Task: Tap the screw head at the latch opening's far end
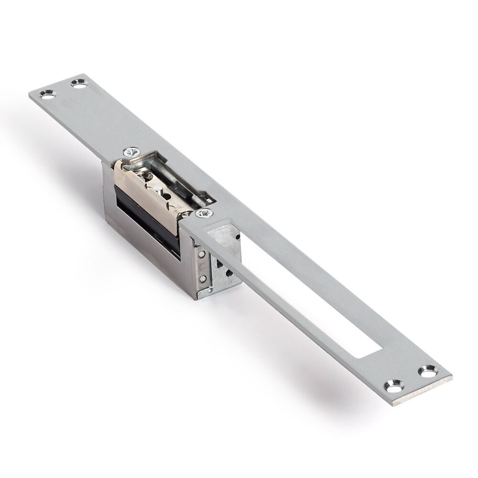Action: point(131,152)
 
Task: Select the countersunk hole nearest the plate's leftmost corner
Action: point(48,94)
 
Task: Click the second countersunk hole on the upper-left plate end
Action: point(79,83)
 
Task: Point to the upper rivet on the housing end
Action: point(203,254)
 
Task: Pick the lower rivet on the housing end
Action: point(203,278)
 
